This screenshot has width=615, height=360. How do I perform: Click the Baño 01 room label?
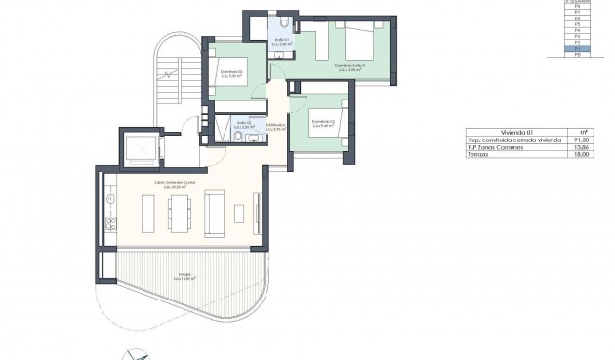[x=281, y=41]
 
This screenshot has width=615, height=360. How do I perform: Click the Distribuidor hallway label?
[x=275, y=128]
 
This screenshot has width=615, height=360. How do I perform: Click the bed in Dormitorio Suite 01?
[x=353, y=41]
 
